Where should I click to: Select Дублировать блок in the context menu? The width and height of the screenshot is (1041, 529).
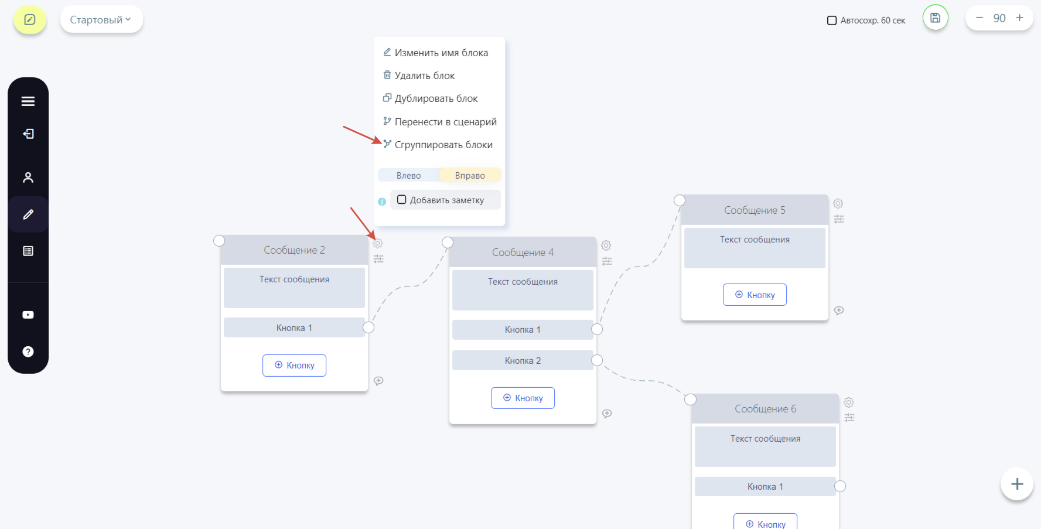click(431, 98)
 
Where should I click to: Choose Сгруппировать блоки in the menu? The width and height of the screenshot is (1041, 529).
click(438, 145)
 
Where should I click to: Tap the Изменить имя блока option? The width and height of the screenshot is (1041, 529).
click(435, 53)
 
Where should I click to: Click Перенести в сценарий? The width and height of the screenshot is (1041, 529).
click(439, 122)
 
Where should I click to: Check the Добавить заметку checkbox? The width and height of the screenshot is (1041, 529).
click(402, 200)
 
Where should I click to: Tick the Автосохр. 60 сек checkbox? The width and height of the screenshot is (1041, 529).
click(832, 21)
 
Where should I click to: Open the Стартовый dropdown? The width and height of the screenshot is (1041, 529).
click(101, 19)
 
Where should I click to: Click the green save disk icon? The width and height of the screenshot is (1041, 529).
click(936, 18)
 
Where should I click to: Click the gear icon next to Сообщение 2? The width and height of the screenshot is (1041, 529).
click(378, 243)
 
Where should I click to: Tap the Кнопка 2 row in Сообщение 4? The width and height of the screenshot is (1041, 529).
click(523, 360)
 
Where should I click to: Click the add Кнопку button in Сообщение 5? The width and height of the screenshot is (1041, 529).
click(755, 295)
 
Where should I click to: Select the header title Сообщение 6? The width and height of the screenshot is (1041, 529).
click(765, 409)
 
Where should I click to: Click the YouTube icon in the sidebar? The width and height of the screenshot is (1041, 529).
click(28, 315)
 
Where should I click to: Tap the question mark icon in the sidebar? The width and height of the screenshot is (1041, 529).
click(28, 351)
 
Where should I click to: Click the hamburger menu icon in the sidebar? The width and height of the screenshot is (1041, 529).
click(28, 101)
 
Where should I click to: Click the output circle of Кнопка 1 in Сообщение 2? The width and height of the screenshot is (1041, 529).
click(368, 327)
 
